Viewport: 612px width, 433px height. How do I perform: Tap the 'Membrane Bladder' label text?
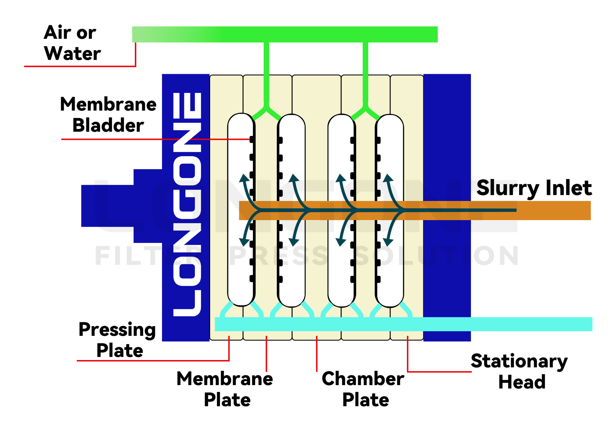pos(108,115)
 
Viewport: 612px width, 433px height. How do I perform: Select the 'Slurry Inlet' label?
pos(534,188)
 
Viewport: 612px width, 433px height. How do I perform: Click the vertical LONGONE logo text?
pos(187,204)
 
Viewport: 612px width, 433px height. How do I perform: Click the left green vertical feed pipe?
pos(266,72)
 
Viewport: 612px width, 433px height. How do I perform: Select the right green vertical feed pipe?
pos(365,72)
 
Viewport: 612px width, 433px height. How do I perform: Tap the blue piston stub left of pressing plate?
pos(107,206)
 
